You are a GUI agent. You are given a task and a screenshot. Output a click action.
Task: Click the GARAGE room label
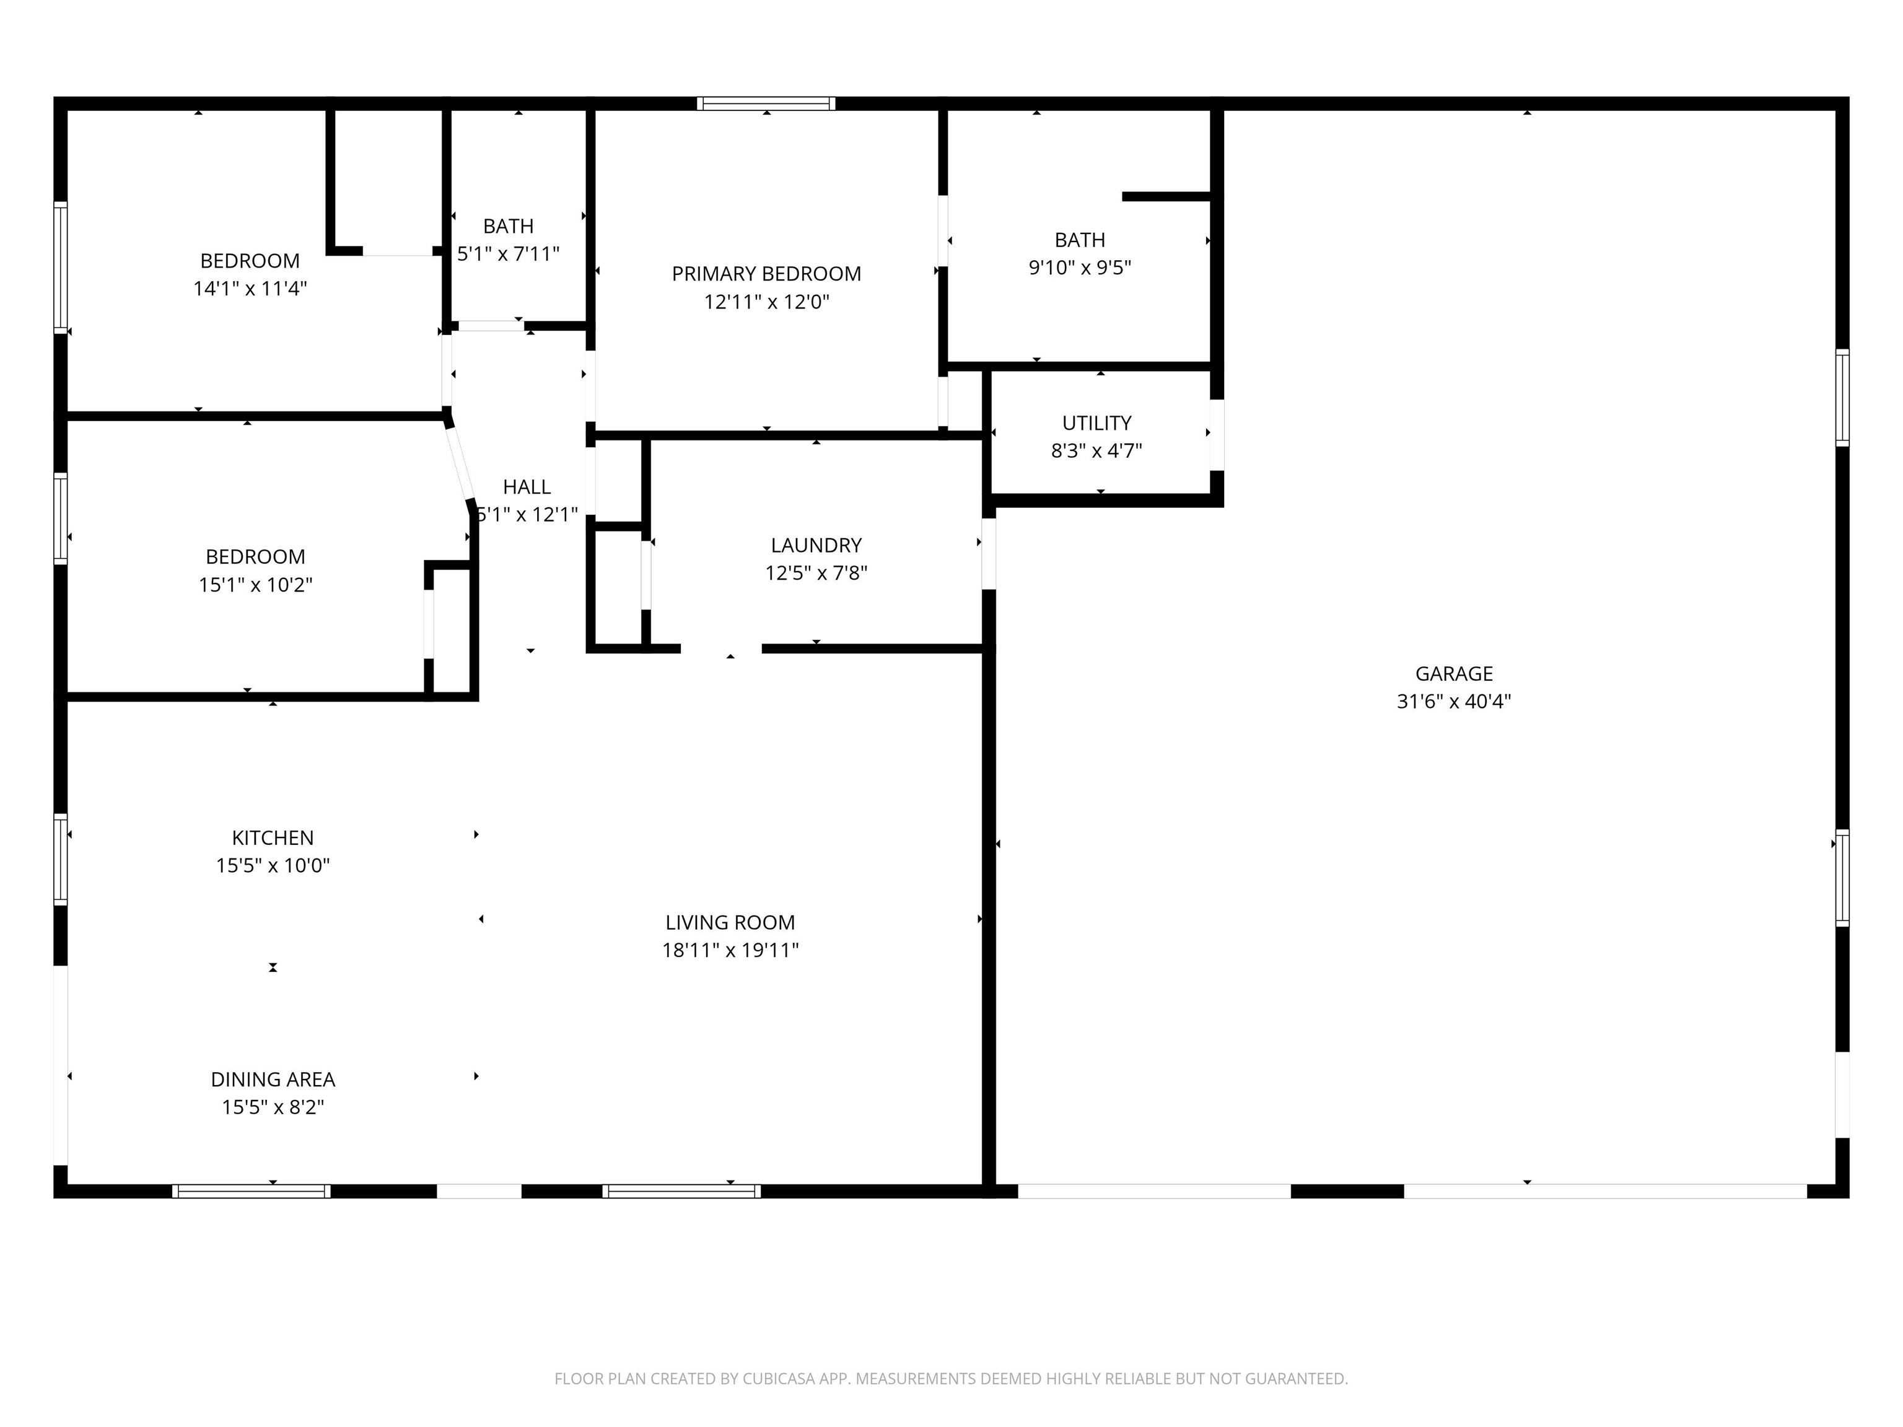point(1454,673)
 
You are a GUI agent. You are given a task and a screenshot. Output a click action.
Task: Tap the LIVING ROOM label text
point(730,922)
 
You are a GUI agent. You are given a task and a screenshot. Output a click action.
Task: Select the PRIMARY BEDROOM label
point(766,274)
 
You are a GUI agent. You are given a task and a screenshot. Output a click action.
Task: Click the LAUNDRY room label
point(816,545)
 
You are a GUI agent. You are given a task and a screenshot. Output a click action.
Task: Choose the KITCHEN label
point(273,838)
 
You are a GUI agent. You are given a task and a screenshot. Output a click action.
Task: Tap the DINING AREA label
point(273,1080)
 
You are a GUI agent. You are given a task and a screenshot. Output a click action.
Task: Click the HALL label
point(527,487)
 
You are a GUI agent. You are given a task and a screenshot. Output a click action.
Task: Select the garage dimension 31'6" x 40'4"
point(1454,701)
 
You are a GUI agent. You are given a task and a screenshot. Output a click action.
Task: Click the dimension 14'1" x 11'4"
point(250,288)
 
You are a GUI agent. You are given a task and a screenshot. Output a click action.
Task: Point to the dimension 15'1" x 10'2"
point(255,585)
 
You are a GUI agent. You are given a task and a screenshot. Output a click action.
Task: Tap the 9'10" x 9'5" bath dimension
point(1080,268)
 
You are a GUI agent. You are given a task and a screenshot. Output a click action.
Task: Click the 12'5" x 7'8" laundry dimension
point(816,573)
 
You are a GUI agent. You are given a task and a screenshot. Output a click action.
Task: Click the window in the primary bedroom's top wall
point(766,104)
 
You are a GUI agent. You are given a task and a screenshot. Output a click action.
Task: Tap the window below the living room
point(681,1191)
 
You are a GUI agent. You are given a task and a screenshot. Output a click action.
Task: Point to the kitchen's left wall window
point(60,859)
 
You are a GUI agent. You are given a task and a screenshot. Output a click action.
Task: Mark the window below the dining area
point(252,1191)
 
